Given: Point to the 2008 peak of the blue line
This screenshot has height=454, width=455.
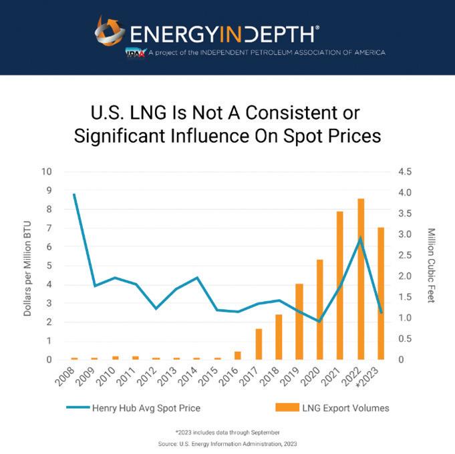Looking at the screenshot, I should (73, 194).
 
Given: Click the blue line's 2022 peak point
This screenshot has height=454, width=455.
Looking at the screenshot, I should (361, 238).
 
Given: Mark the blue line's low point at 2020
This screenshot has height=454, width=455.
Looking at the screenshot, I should (320, 321).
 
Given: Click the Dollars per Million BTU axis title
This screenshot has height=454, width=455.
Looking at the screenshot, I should (27, 265).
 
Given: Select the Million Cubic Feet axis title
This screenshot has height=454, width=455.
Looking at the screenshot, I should (431, 265).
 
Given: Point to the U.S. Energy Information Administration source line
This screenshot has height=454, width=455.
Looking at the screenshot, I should (227, 443).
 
